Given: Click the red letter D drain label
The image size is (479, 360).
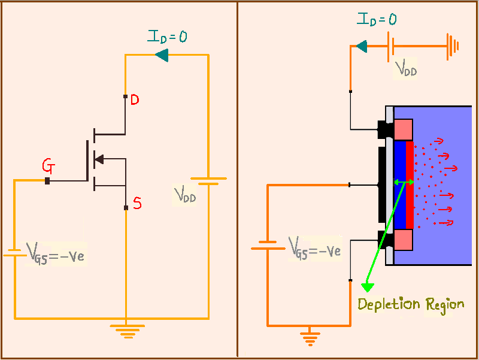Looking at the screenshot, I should click(135, 100).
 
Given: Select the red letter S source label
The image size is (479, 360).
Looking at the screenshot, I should click(137, 204).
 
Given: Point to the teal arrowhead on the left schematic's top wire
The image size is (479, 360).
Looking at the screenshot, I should click(161, 56).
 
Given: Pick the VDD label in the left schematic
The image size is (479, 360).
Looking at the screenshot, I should click(185, 195).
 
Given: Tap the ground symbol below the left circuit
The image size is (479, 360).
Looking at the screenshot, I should click(127, 331).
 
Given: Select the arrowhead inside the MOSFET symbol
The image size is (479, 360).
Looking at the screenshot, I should click(100, 159).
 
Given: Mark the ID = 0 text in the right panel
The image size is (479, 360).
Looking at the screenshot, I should click(377, 19).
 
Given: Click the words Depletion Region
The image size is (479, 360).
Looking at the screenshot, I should click(410, 304).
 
